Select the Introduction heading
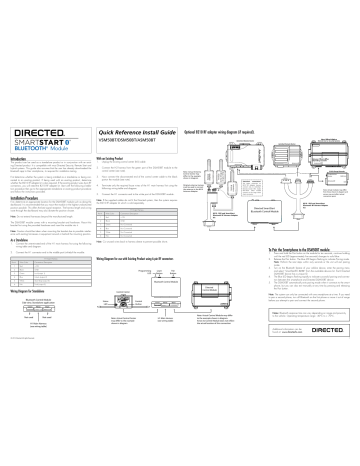(x=17, y=186)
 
